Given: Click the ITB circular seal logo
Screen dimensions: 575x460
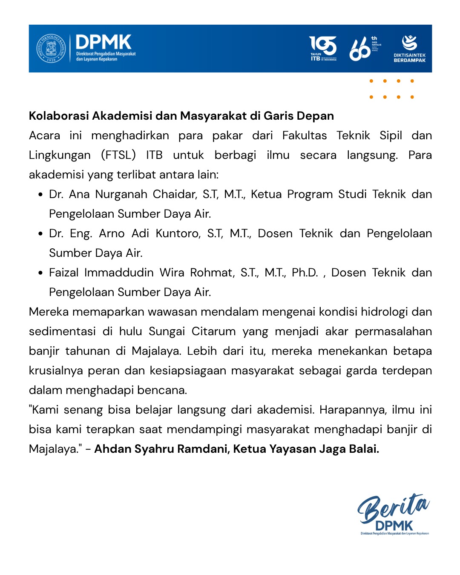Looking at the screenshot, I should tap(51, 48).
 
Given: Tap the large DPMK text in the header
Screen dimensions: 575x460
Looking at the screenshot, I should tap(103, 42).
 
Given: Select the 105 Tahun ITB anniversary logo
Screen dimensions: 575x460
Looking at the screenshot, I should tap(323, 48).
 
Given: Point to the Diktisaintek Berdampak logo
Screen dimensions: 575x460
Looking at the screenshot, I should tap(409, 49).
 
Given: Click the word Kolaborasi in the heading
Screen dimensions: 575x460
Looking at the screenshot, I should tap(59, 116).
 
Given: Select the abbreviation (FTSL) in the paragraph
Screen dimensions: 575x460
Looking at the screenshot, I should tap(118, 155).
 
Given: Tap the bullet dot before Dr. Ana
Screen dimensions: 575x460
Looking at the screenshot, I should tap(40, 195).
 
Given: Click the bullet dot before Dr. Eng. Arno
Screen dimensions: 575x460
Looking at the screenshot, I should tap(40, 234).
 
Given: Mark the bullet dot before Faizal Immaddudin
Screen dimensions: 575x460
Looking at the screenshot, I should tap(40, 273).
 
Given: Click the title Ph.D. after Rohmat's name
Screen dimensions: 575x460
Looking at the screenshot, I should tap(305, 273).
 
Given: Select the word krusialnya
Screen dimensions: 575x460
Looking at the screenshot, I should tap(56, 371).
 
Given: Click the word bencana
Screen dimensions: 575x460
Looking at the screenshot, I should tap(166, 390).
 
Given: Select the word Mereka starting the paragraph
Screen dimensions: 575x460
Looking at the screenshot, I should tap(49, 312).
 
